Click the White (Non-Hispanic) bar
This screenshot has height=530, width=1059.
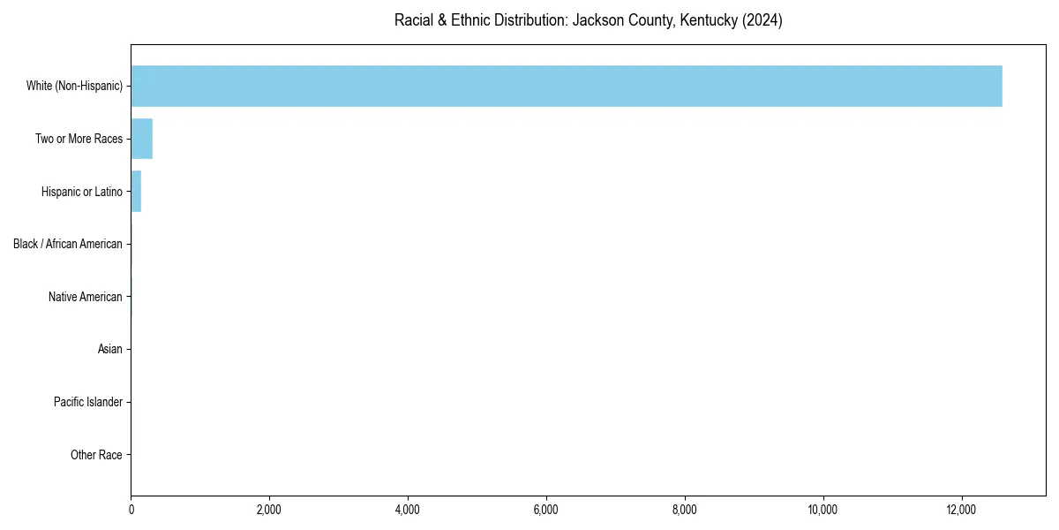click(565, 86)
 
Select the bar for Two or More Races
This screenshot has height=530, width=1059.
click(141, 139)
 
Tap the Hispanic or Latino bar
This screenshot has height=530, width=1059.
click(136, 192)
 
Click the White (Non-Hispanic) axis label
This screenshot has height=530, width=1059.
click(74, 86)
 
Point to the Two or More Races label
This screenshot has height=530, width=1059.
click(79, 139)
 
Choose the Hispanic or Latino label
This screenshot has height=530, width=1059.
click(81, 192)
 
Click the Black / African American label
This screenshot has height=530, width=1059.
click(67, 244)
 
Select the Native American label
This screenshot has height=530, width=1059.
click(85, 297)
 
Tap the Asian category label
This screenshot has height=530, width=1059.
click(109, 350)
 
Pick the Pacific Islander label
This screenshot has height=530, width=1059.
click(87, 403)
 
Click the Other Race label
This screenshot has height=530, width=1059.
click(96, 455)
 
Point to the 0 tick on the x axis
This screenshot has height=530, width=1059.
click(131, 509)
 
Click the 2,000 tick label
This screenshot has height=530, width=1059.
click(269, 509)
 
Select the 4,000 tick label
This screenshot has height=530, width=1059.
click(408, 509)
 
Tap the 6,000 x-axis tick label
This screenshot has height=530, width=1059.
click(546, 509)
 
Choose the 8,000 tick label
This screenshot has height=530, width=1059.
click(685, 509)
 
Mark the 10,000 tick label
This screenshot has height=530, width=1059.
click(822, 509)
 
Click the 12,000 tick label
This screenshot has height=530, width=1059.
click(961, 509)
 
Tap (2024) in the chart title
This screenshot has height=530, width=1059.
click(762, 20)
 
